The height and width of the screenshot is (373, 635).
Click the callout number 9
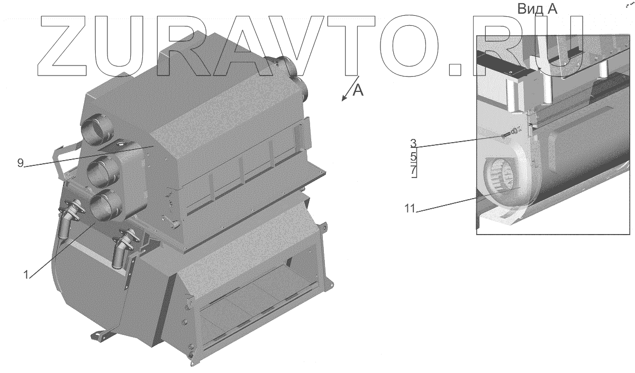coord(20,163)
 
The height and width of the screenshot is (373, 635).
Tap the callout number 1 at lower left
coord(26,275)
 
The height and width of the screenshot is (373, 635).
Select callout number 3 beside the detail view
coord(413,143)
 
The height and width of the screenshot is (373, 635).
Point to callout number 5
coord(413,156)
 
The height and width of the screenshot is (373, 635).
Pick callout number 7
coord(413,171)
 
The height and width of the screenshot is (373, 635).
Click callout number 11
coord(410,209)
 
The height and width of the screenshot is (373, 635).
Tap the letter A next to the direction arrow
coord(358,90)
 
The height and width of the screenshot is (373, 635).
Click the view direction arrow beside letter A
coord(350,88)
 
